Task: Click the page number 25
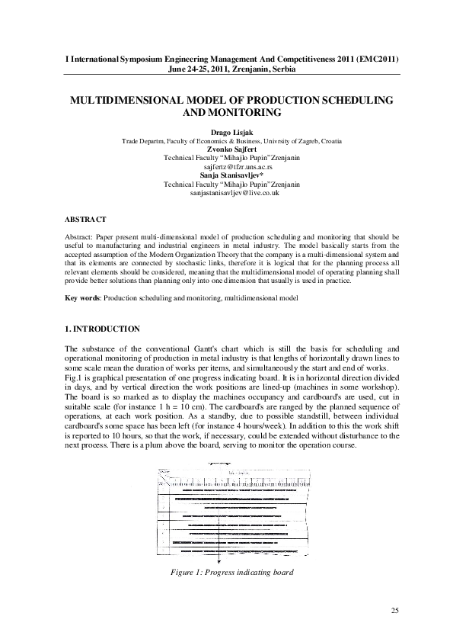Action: pyautogui.click(x=394, y=610)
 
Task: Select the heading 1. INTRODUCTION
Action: pyautogui.click(x=102, y=329)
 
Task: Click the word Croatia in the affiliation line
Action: pyautogui.click(x=328, y=141)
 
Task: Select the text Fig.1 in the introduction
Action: pyautogui.click(x=75, y=378)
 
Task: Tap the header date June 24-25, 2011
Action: pyautogui.click(x=197, y=69)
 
